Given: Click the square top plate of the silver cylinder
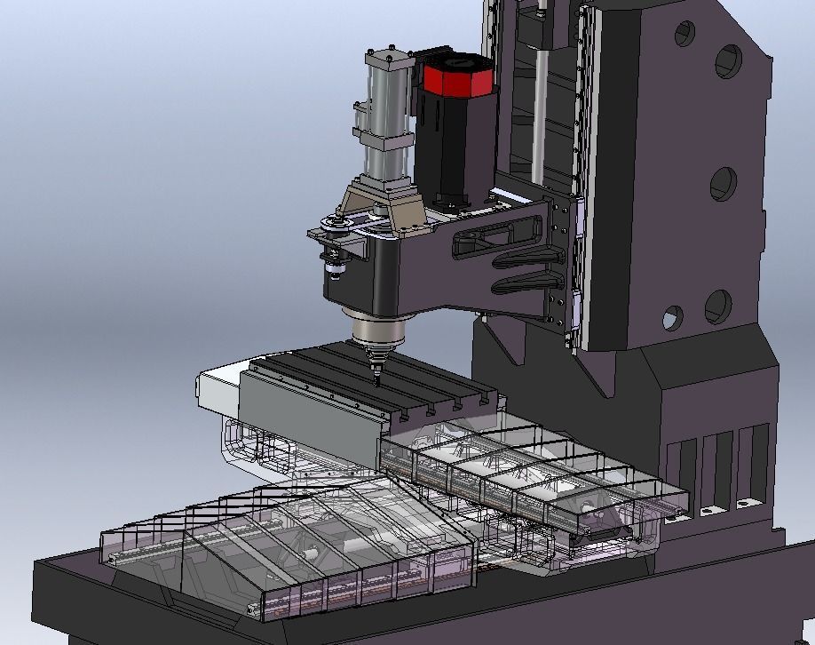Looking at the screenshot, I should pyautogui.click(x=388, y=59).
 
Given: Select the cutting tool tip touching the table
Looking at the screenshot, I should pyautogui.click(x=376, y=378).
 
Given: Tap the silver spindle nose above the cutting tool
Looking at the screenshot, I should pyautogui.click(x=377, y=330).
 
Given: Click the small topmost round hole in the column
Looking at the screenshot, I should pyautogui.click(x=684, y=35).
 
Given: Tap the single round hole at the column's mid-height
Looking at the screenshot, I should pyautogui.click(x=724, y=185).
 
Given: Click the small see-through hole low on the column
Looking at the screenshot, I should pyautogui.click(x=672, y=317).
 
